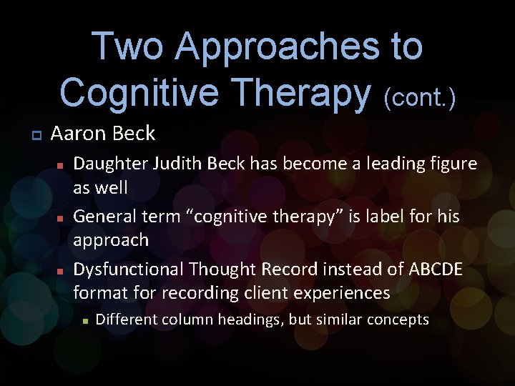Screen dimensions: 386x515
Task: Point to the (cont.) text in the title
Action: pyautogui.click(x=419, y=99)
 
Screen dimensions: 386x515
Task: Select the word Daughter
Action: pyautogui.click(x=109, y=164)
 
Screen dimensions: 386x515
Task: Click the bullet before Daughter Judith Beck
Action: pyautogui.click(x=62, y=165)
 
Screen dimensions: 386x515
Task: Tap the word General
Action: pyautogui.click(x=103, y=215)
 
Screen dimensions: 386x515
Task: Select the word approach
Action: pyautogui.click(x=111, y=240)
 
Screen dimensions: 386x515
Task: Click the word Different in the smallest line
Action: pyautogui.click(x=124, y=320)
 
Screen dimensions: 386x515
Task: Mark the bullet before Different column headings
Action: pyautogui.click(x=84, y=321)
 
